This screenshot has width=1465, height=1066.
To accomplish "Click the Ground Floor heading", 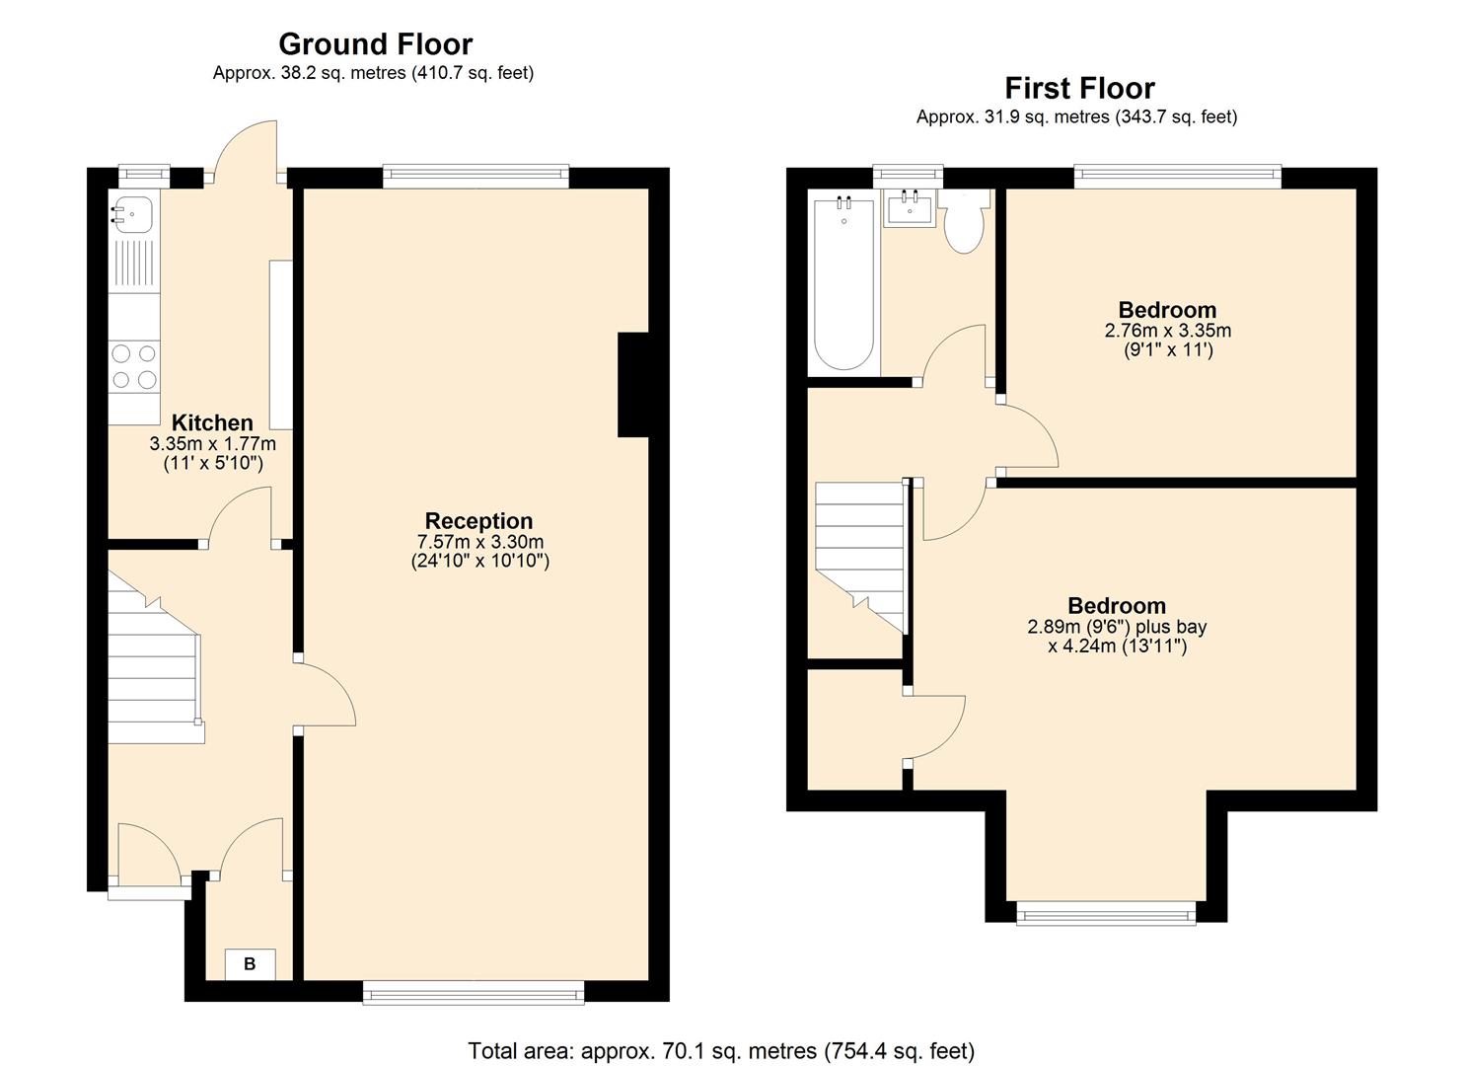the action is [376, 44].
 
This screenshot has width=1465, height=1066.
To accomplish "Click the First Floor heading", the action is [1080, 89].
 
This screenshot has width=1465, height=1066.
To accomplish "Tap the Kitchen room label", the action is [212, 422].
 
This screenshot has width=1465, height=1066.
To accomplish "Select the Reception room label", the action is [478, 521].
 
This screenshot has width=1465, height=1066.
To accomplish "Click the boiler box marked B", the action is [250, 964].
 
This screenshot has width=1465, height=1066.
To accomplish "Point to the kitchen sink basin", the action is [134, 213].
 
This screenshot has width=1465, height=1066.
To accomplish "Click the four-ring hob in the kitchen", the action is [134, 366].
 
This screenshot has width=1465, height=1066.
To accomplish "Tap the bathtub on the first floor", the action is [843, 284].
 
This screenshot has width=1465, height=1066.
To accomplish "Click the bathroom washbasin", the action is [910, 208].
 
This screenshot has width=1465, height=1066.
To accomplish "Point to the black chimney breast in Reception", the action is [633, 385].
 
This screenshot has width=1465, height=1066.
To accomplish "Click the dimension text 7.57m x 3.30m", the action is [480, 542].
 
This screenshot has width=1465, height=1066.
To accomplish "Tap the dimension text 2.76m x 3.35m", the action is [1167, 331].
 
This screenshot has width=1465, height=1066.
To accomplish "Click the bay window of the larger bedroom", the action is [1106, 913].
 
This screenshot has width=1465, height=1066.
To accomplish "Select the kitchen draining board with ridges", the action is [134, 265].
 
